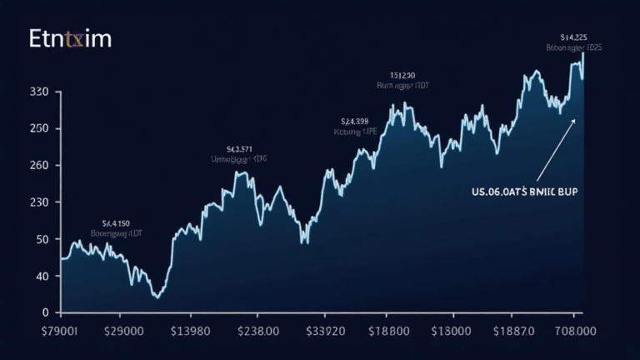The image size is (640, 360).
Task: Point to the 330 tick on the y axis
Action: pos(40,92)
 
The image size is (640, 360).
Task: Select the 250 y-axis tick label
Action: pos(40,128)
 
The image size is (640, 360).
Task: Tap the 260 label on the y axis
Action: pos(40,165)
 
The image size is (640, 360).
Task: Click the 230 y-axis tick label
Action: pos(40,202)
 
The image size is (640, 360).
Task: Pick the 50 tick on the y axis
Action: pos(43,239)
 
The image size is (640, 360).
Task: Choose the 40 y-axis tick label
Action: pos(43,276)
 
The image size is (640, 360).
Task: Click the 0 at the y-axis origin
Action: pos(47,312)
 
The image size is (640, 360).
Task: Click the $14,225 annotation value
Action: pos(575,37)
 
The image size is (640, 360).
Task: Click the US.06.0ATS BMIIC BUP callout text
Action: pos(524,191)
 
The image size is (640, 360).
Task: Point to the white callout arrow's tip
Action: pos(575,119)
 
